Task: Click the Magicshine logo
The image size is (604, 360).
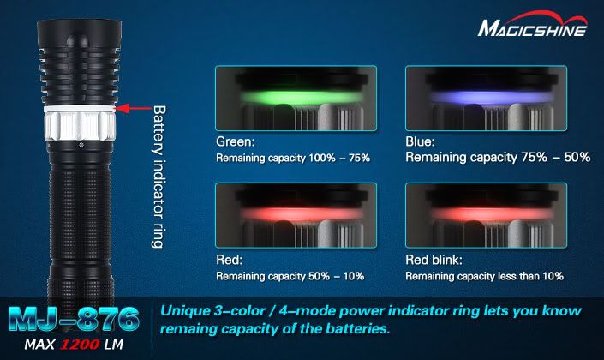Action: tap(532, 25)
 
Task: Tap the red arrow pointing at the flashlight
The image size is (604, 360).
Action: tap(133, 108)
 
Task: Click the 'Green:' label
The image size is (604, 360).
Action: tap(236, 141)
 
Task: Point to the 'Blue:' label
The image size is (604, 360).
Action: tap(420, 141)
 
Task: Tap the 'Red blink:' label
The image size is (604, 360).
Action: tap(434, 260)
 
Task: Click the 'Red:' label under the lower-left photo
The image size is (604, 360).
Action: tap(230, 260)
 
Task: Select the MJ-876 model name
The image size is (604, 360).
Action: tap(73, 319)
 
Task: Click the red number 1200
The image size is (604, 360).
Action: tap(80, 345)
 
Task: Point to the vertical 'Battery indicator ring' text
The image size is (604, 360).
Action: tap(158, 177)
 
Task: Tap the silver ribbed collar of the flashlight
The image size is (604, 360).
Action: tap(80, 124)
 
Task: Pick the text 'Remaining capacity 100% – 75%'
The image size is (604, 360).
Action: tap(293, 158)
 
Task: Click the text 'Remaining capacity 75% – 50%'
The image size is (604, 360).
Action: tap(498, 157)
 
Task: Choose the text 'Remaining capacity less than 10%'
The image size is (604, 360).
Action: tap(484, 276)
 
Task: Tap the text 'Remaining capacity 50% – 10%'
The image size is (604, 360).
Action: tap(290, 276)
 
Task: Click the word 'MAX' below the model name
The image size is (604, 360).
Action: tap(39, 345)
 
